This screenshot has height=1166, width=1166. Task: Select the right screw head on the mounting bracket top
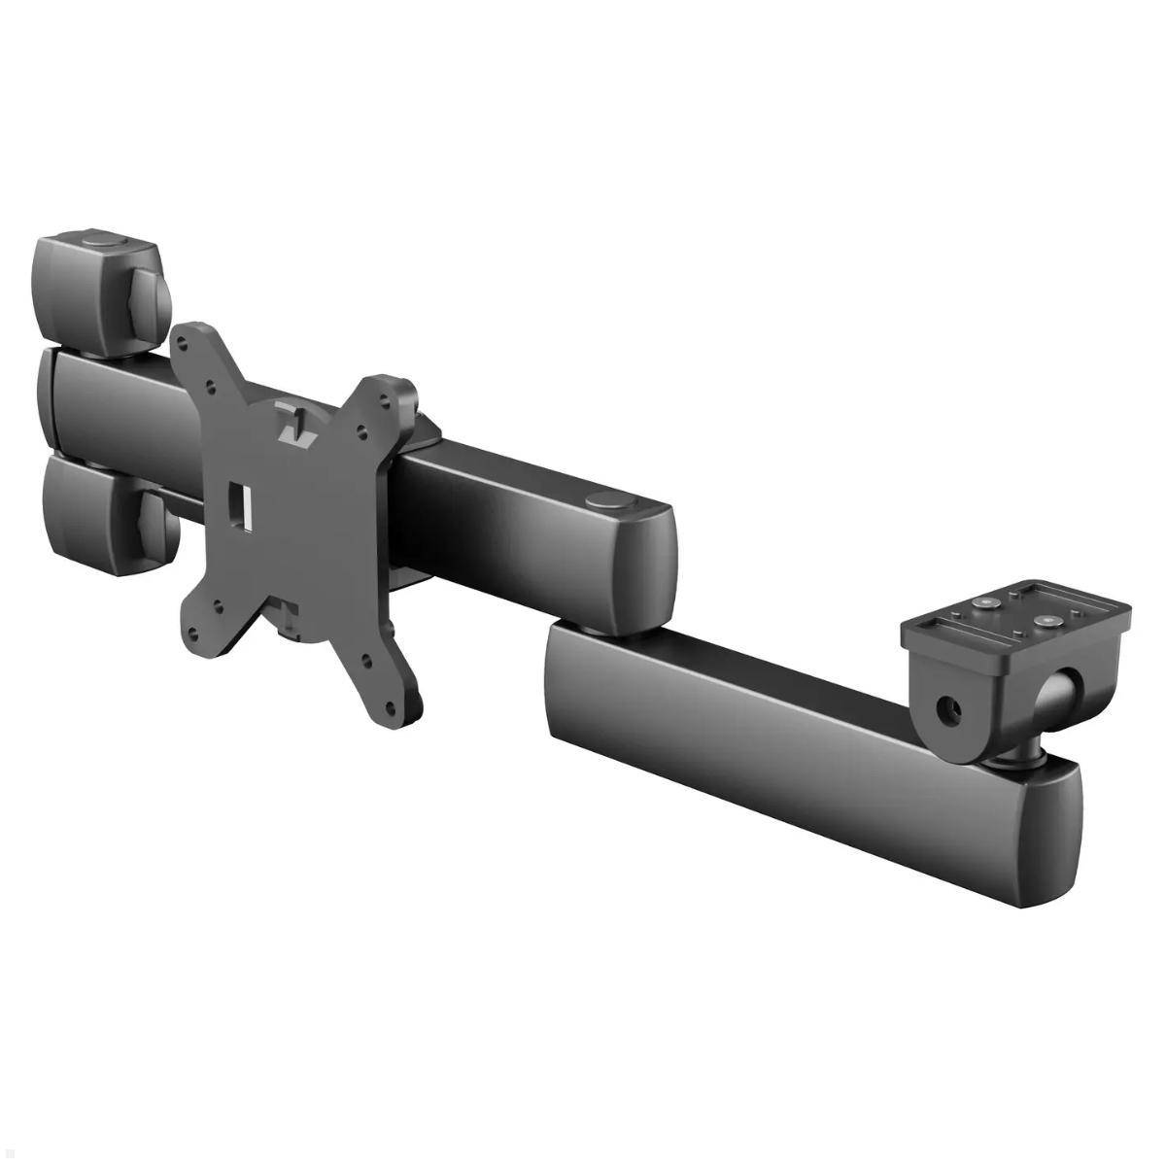[1046, 618]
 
